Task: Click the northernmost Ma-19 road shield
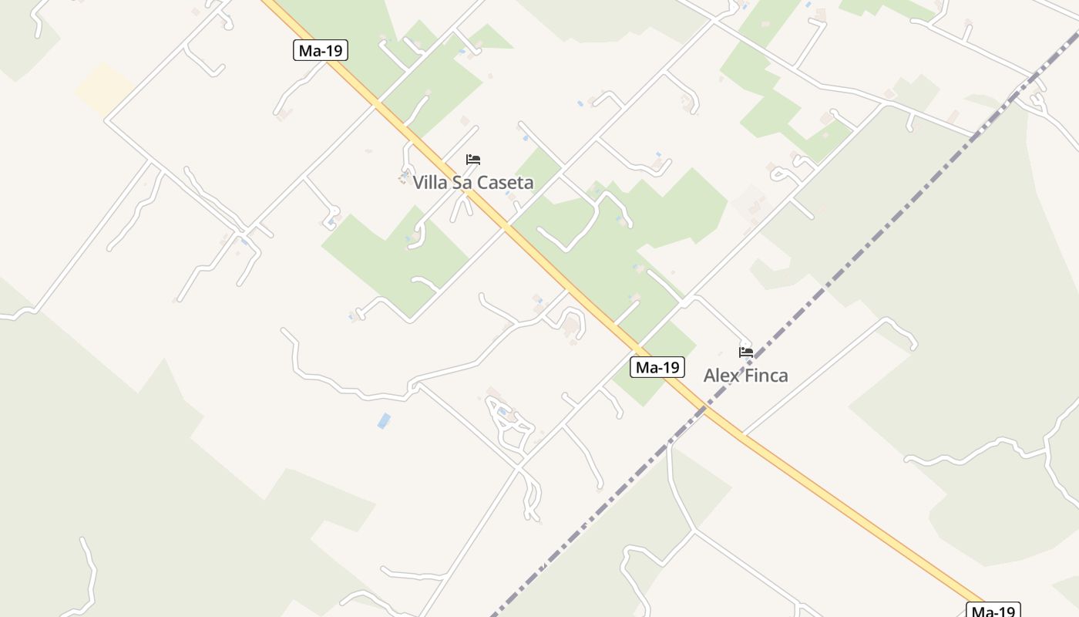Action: coord(321,51)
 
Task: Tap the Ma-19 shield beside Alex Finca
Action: coord(657,367)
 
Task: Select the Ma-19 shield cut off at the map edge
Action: coord(993,610)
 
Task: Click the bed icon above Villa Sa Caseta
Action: coord(473,160)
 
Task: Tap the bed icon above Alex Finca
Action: coord(745,352)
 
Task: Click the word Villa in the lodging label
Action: coord(430,183)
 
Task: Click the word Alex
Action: coord(721,376)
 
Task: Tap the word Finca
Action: coord(766,376)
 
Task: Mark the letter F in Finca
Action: coord(750,376)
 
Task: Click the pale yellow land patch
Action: coord(105,89)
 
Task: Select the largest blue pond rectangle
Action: coord(384,420)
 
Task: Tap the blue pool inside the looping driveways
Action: coord(503,412)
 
